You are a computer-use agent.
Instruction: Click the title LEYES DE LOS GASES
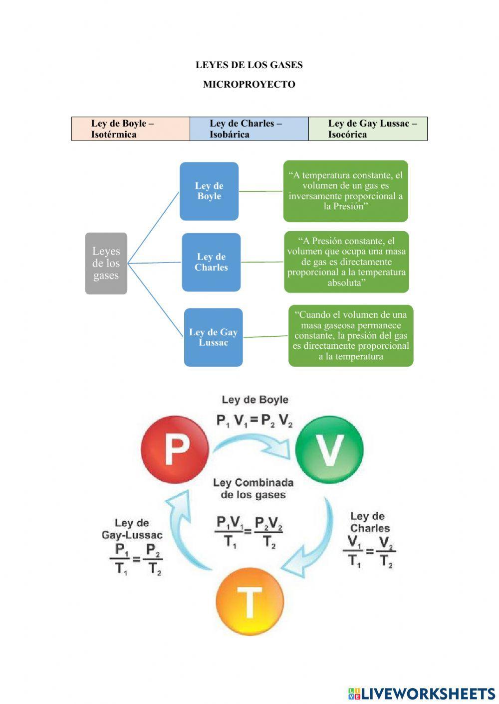click(x=249, y=65)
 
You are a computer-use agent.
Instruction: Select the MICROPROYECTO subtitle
click(x=249, y=84)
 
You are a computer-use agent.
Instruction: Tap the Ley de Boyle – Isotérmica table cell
click(x=131, y=129)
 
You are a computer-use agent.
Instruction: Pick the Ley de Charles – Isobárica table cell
click(x=249, y=129)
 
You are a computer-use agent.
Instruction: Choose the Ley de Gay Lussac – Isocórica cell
click(x=368, y=129)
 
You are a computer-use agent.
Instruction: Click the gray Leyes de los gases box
click(x=106, y=263)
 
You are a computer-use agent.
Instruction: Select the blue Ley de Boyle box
click(x=209, y=191)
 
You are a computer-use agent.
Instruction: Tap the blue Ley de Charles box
click(x=211, y=262)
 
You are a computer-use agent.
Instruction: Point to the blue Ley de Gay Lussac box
click(x=213, y=337)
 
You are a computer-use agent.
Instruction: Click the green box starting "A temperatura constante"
click(x=345, y=191)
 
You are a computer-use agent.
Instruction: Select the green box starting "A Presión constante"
click(x=346, y=262)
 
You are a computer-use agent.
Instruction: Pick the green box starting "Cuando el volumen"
click(x=351, y=336)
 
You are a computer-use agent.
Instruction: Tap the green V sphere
click(x=329, y=449)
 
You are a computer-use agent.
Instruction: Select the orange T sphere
click(x=249, y=601)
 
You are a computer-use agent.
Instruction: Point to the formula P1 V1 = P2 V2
click(x=254, y=421)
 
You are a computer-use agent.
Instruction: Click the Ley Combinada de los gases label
click(x=253, y=489)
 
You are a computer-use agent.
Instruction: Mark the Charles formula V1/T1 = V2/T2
click(x=369, y=552)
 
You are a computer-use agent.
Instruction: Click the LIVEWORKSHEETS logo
click(x=422, y=693)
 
